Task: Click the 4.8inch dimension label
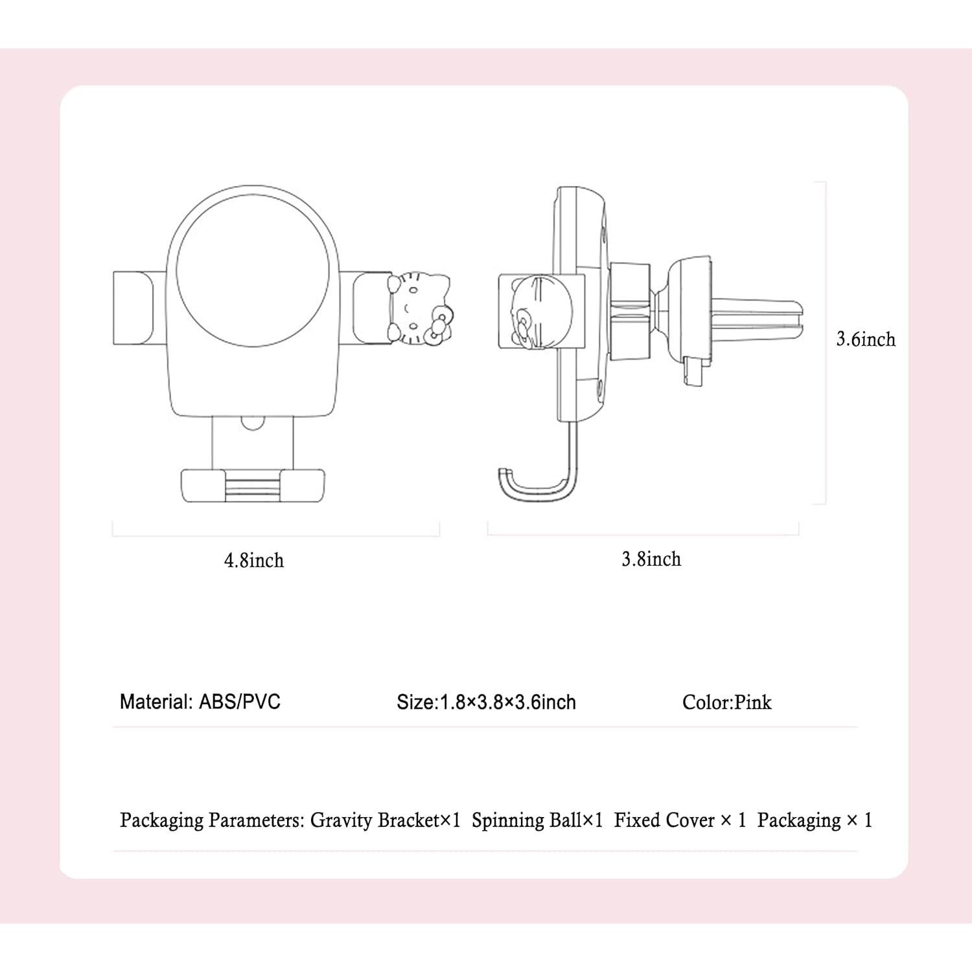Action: [254, 560]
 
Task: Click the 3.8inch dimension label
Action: [651, 559]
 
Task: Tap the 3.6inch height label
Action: [866, 339]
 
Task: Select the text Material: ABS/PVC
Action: [200, 702]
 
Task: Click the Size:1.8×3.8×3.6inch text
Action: [486, 702]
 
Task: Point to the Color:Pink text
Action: [726, 702]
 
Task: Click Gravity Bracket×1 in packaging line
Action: [385, 820]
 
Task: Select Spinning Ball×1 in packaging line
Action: [537, 820]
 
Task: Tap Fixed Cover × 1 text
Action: [680, 820]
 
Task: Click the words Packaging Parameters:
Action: [212, 820]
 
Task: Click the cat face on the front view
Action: [418, 305]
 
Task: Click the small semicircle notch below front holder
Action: [252, 422]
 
